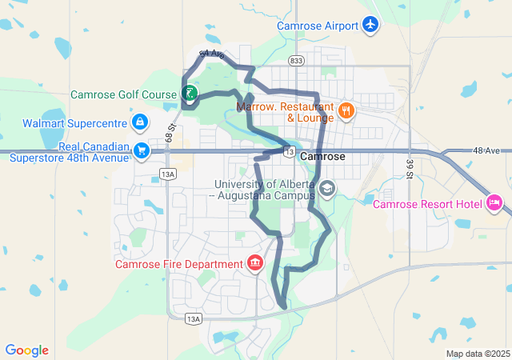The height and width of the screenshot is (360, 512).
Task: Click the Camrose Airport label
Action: coord(318,26)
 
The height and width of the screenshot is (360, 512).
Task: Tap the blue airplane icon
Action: coord(370,26)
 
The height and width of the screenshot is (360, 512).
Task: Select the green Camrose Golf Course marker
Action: coord(190,94)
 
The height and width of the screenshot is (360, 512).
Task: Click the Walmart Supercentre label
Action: coord(76,122)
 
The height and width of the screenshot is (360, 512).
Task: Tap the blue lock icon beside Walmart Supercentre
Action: coord(140,122)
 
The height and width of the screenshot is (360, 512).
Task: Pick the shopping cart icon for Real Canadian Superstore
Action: coord(142,150)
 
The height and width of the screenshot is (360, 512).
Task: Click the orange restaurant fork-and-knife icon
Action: coord(346,111)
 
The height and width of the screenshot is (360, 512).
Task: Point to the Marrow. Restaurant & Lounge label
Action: coord(285,112)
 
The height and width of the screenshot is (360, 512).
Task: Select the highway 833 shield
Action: coord(296,60)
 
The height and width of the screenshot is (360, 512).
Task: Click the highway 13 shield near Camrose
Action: coord(289,151)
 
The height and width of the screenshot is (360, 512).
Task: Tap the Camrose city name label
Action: coord(322,157)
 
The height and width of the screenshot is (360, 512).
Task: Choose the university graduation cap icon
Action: coord(326,189)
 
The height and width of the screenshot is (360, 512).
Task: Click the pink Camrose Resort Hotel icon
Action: coord(494,205)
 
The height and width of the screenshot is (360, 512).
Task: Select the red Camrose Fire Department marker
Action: coord(255,263)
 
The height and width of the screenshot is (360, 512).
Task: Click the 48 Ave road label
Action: coord(486,150)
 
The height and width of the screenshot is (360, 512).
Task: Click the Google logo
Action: coord(27,350)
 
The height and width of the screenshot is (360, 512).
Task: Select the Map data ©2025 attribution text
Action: coord(478,354)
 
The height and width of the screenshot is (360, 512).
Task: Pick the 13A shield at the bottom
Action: coord(193,318)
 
